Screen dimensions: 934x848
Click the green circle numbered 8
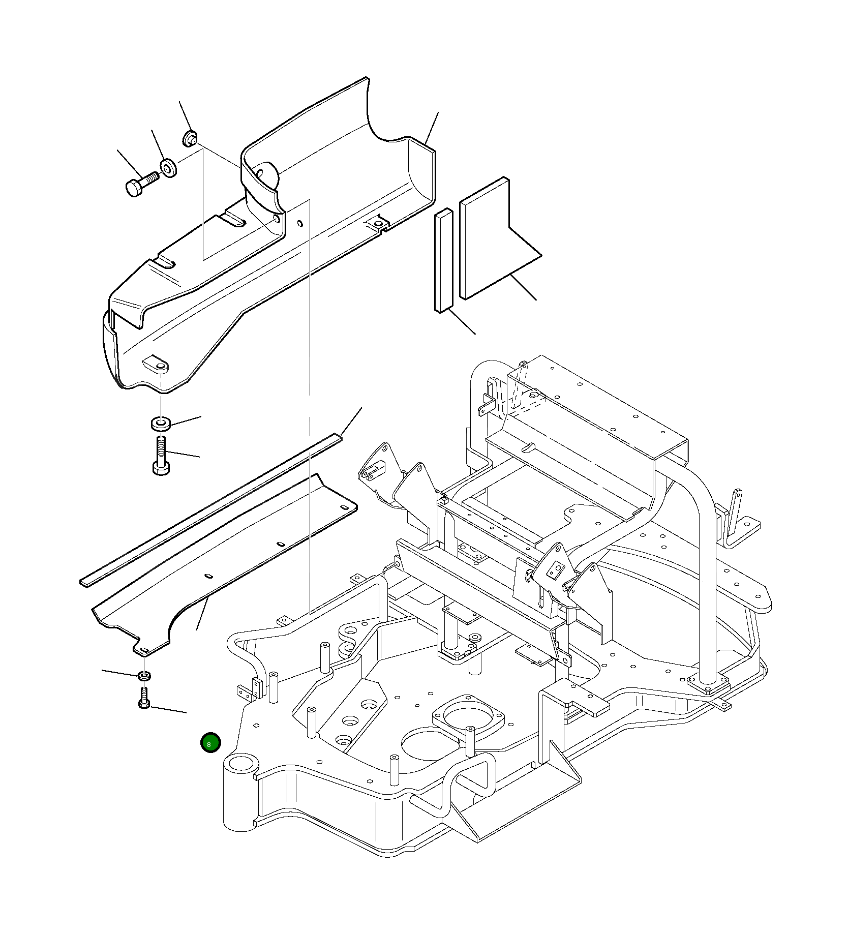click(210, 743)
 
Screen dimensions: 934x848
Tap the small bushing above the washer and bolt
click(190, 138)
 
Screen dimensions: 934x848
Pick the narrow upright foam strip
click(443, 260)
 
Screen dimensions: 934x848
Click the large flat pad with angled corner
click(488, 244)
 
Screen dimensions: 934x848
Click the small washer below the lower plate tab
click(144, 676)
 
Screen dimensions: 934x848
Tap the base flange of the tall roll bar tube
click(707, 682)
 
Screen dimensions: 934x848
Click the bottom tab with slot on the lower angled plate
click(144, 650)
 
